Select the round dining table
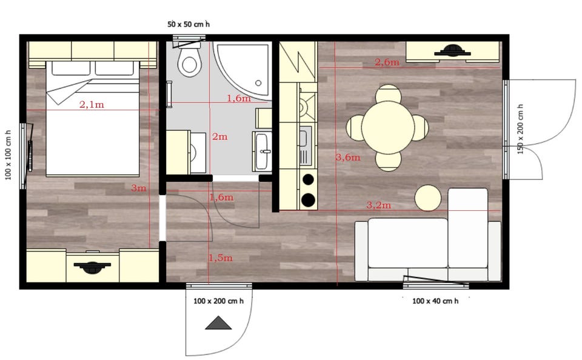click(388, 127)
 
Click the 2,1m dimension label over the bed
click(92, 105)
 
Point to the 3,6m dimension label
click(348, 158)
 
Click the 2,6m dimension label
click(387, 62)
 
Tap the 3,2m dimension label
click(378, 205)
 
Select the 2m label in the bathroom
click(219, 136)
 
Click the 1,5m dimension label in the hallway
click(221, 258)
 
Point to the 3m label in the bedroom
click(138, 188)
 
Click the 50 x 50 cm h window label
click(189, 24)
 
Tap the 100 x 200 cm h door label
click(218, 301)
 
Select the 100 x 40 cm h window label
click(435, 301)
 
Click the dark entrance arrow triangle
click(218, 323)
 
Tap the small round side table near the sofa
click(428, 198)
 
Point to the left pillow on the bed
click(70, 68)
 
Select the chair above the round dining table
click(388, 93)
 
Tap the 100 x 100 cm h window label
click(8, 155)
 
